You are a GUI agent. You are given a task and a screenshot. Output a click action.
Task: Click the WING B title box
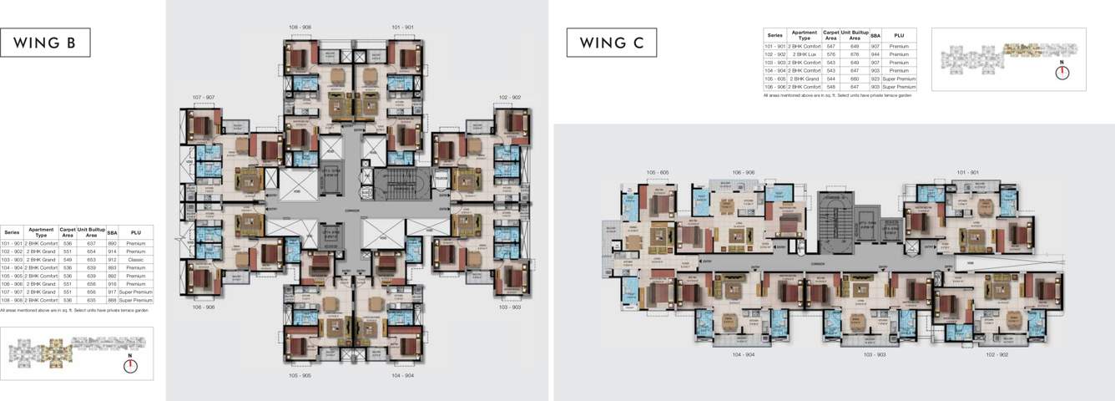46,43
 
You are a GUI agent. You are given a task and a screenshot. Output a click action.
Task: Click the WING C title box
612,43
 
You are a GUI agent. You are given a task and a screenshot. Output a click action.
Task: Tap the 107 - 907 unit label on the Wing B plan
203,98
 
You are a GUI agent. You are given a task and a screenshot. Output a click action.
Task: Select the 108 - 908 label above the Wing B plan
300,28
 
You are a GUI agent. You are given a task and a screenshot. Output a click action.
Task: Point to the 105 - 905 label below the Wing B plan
300,376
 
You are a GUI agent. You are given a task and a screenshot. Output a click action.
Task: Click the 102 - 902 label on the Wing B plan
510,98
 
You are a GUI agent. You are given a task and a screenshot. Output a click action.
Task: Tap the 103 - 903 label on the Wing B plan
510,307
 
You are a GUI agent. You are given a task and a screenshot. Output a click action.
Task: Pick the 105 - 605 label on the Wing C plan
658,173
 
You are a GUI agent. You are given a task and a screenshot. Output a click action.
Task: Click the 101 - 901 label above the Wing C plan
968,173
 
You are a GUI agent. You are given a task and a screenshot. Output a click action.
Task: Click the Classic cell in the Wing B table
136,259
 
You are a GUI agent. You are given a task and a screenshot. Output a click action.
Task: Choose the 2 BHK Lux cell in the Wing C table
804,54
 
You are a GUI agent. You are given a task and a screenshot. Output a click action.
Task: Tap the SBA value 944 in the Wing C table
875,54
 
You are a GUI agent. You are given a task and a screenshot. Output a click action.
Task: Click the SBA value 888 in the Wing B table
112,299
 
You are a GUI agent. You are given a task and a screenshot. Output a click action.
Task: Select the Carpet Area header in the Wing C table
830,36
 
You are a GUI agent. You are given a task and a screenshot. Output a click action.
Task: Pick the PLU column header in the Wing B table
136,232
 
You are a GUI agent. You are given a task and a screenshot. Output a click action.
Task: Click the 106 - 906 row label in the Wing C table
774,87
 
